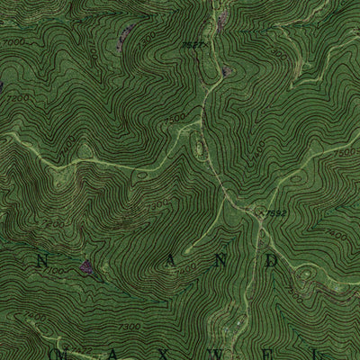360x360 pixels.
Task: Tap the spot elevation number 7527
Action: pos(187,44)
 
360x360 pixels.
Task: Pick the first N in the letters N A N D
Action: pos(40,260)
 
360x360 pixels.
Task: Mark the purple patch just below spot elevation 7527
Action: pos(226,68)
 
